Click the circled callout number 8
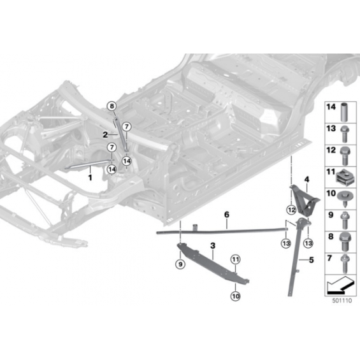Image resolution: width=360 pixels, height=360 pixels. [112, 106]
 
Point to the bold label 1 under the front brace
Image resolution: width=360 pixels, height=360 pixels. [90, 178]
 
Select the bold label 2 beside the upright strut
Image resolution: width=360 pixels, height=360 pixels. [105, 135]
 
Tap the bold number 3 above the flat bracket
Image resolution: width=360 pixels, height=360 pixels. [213, 246]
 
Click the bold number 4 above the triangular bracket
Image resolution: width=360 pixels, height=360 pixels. [306, 179]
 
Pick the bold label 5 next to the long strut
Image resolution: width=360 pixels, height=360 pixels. [312, 260]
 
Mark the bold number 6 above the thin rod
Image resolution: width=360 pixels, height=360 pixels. [227, 215]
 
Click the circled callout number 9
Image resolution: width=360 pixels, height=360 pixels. [180, 264]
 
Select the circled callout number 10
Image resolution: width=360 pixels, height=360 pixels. [236, 296]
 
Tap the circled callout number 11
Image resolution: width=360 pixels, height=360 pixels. [236, 260]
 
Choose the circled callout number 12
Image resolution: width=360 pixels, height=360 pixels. [291, 210]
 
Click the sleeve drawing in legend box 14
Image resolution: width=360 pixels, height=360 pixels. [344, 112]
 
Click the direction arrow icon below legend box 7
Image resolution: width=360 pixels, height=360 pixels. [340, 285]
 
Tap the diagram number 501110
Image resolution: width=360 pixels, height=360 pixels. [342, 301]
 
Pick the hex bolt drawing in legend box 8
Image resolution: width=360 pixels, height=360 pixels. [344, 242]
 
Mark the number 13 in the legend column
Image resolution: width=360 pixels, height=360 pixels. [331, 129]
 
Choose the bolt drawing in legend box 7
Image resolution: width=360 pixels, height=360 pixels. [345, 264]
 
